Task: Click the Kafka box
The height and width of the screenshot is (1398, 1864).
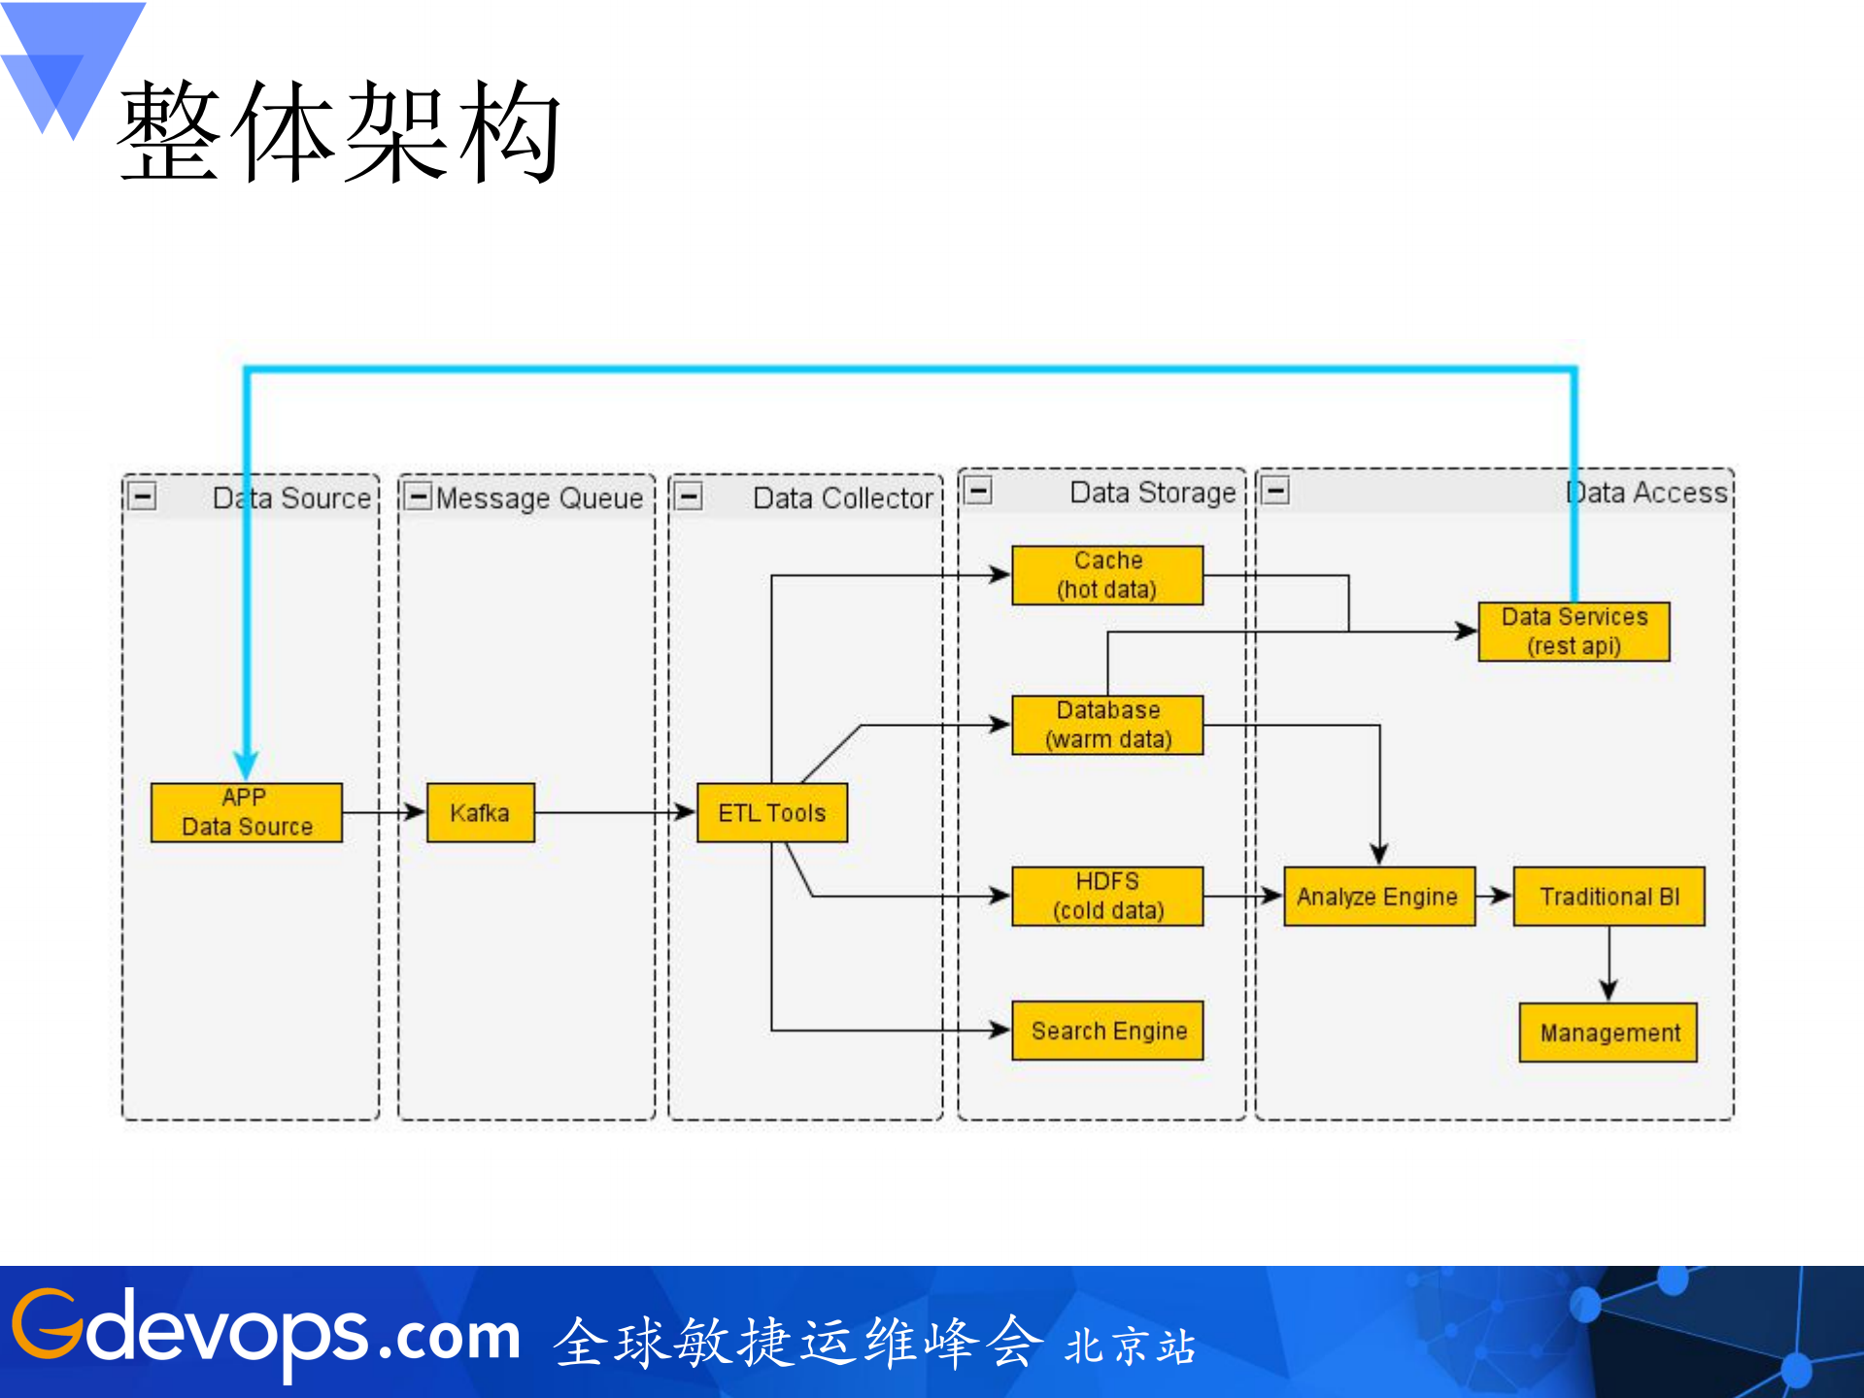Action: [480, 812]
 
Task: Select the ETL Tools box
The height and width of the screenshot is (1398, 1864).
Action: [771, 812]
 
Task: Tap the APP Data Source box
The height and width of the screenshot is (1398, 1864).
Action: [247, 812]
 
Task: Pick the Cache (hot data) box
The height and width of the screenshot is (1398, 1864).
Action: [1107, 575]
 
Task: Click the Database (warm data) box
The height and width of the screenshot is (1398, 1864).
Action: [1107, 725]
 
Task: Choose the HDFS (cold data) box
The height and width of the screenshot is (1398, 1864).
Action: [1107, 896]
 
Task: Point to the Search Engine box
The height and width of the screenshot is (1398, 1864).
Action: [1107, 1031]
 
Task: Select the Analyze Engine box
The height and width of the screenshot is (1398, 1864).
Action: [1378, 896]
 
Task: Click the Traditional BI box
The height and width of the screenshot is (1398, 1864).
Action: [1609, 896]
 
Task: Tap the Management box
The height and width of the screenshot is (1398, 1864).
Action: [1609, 1033]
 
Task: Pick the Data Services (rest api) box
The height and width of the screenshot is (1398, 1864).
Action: [1574, 631]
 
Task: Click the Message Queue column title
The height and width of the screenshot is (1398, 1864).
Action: [539, 498]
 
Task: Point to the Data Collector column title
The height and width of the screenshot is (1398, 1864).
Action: [842, 498]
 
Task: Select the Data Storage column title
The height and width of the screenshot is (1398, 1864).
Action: [1152, 493]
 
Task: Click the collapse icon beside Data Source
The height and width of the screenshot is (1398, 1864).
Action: [143, 496]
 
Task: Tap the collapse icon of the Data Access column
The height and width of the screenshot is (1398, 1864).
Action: [1275, 491]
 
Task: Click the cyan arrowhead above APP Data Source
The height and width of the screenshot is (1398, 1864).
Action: [247, 765]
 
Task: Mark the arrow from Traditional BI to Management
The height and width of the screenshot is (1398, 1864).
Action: [1609, 964]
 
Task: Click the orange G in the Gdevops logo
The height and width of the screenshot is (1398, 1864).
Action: [47, 1323]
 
